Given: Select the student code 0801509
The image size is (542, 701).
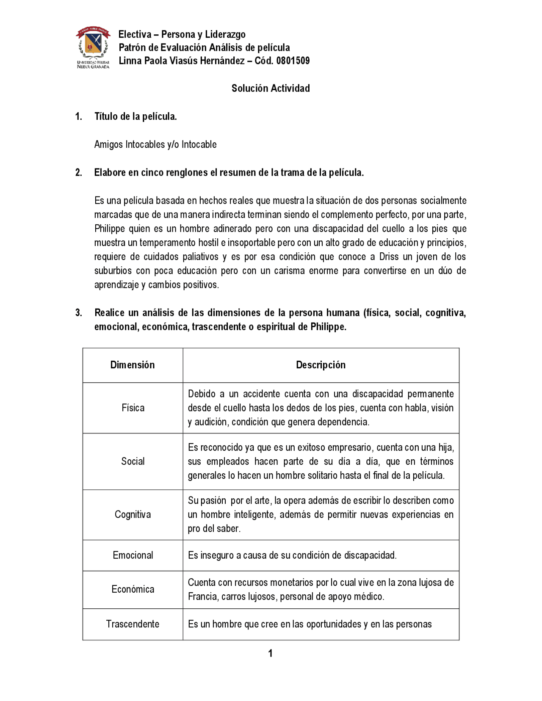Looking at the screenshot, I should pyautogui.click(x=293, y=61).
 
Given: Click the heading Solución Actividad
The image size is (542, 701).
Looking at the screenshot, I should pyautogui.click(x=271, y=88).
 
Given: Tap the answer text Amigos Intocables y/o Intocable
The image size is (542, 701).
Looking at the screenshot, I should pyautogui.click(x=155, y=144).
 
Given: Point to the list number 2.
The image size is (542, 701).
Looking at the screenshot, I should pyautogui.click(x=79, y=173).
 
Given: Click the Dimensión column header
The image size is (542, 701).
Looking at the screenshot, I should pyautogui.click(x=133, y=365).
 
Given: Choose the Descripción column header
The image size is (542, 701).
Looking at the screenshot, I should pyautogui.click(x=321, y=365).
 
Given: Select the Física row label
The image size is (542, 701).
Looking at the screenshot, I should pyautogui.click(x=133, y=408).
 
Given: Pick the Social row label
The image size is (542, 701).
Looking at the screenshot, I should pyautogui.click(x=133, y=461).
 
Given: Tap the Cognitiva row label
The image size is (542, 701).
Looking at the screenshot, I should pyautogui.click(x=133, y=514).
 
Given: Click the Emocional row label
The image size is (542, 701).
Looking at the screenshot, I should pyautogui.click(x=133, y=555).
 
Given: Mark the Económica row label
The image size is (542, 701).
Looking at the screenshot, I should pyautogui.click(x=133, y=589).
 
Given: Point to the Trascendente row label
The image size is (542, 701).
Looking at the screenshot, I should pyautogui.click(x=133, y=624).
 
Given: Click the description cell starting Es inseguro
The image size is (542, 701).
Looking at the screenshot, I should pyautogui.click(x=292, y=555).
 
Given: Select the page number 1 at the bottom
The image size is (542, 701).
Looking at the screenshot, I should pyautogui.click(x=271, y=654).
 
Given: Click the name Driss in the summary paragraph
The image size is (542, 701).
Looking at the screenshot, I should pyautogui.click(x=389, y=257).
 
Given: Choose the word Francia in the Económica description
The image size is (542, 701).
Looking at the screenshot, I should pyautogui.click(x=202, y=597).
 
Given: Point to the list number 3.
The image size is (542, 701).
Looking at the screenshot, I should pyautogui.click(x=79, y=313).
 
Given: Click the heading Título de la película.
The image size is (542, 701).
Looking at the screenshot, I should pyautogui.click(x=135, y=116).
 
